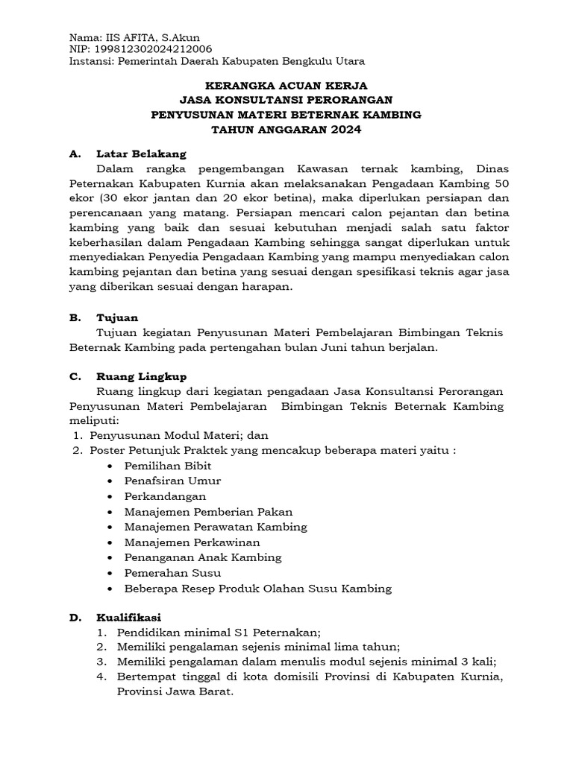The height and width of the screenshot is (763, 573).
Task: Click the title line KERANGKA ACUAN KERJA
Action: tap(286, 86)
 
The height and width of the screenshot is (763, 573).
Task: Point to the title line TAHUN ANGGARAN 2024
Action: tap(286, 129)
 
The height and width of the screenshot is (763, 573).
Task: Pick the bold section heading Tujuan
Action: tap(117, 317)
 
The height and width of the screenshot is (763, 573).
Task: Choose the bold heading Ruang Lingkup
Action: tap(142, 376)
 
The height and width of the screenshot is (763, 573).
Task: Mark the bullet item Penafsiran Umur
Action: tap(172, 481)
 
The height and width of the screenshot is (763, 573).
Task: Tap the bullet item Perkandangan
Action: tap(166, 496)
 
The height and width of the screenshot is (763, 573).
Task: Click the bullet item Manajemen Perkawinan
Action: tap(192, 542)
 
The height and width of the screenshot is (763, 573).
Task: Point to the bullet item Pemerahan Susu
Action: tap(172, 572)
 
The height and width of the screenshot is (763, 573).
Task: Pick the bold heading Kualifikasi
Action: tap(128, 617)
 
